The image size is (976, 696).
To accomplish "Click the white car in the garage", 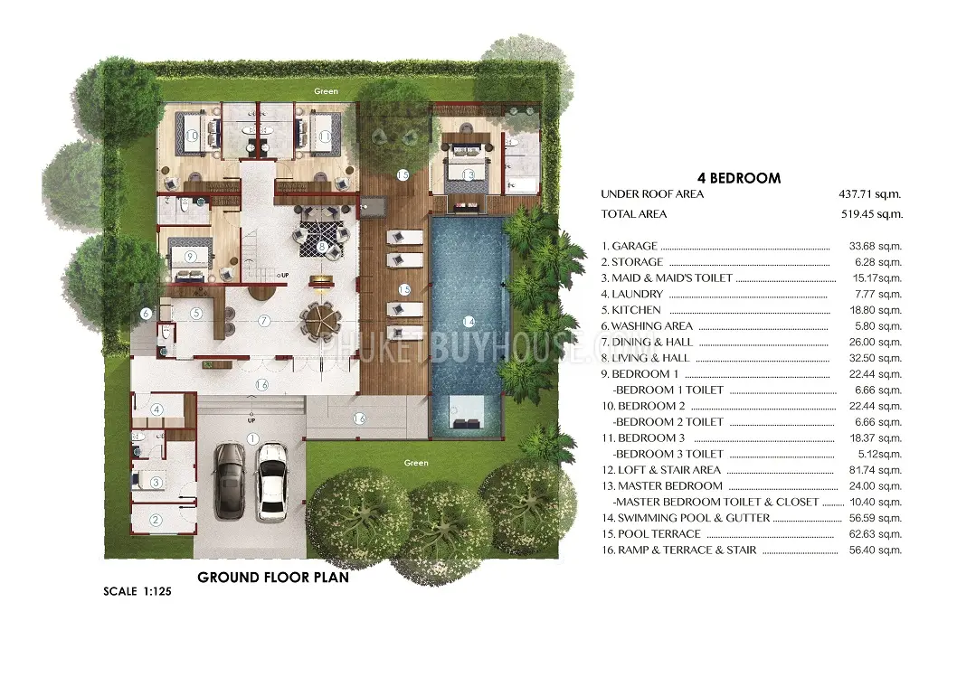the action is [271, 482].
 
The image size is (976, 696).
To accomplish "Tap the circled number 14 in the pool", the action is [469, 322].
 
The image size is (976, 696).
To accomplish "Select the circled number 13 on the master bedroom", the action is [468, 175].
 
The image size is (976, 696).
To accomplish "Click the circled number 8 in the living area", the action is [322, 246].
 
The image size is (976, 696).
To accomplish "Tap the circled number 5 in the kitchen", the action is [196, 314].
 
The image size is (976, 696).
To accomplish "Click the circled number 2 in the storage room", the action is [156, 520].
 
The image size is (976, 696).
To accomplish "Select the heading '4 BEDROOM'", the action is [739, 178].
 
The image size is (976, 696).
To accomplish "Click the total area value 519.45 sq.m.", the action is [871, 214].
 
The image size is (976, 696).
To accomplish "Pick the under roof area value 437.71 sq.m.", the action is [869, 194].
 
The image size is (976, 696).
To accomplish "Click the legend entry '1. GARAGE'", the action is [630, 246].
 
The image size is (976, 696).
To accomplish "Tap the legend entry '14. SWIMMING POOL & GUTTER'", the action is [686, 518].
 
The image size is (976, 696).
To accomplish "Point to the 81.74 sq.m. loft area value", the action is [876, 470].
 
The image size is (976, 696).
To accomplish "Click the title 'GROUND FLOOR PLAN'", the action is [273, 578].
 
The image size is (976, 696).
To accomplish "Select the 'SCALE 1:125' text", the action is [137, 591].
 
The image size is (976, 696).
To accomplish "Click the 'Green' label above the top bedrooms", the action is [327, 91].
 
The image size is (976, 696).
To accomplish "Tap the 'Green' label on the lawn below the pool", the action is [416, 463].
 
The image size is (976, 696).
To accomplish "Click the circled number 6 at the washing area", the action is [146, 314].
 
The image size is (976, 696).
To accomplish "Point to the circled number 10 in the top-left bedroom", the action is [191, 136].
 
